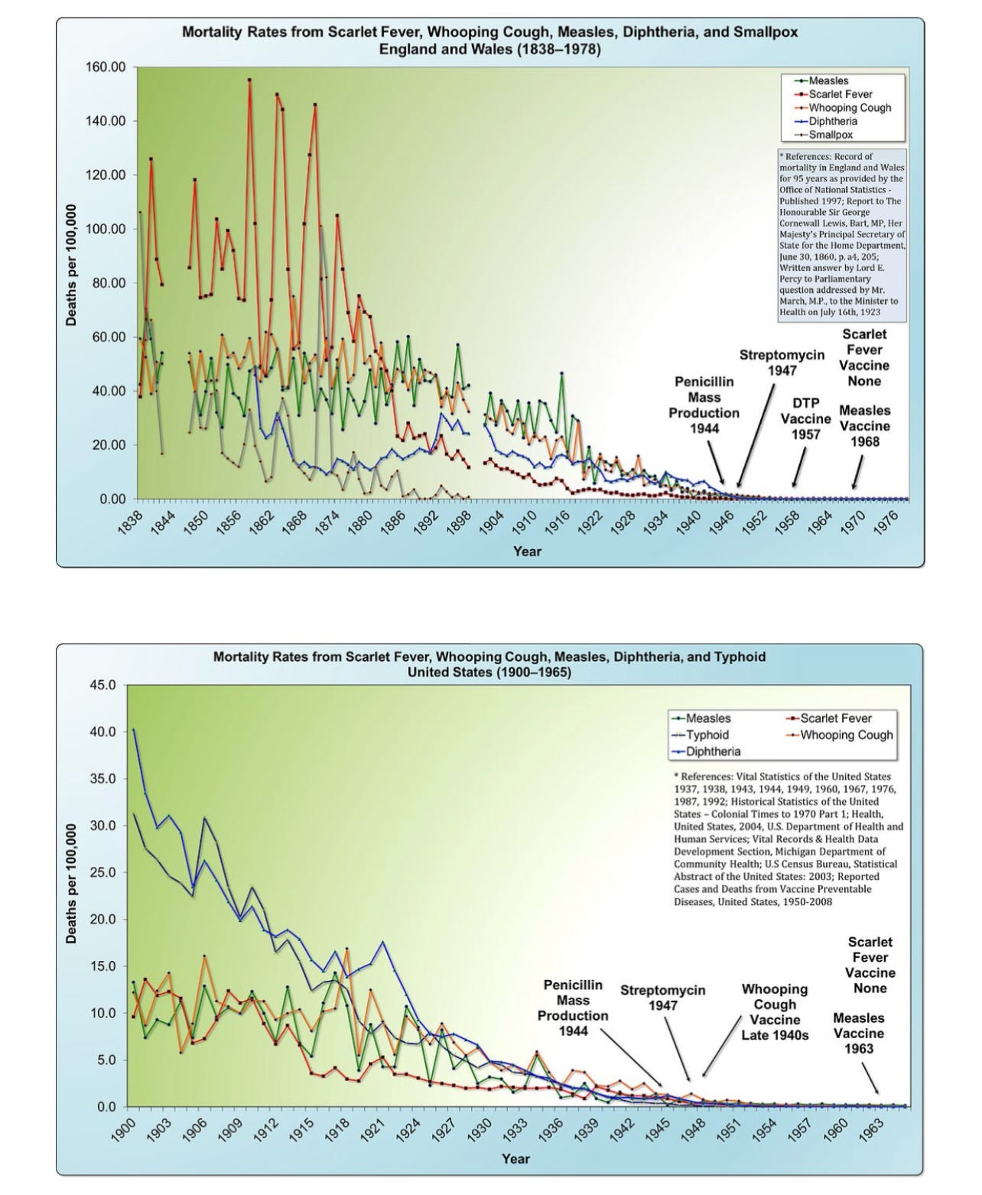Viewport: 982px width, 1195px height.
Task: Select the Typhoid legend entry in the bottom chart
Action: coord(707,734)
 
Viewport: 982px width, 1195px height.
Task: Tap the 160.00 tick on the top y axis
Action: coord(106,67)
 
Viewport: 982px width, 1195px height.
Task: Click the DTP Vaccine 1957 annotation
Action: coord(805,418)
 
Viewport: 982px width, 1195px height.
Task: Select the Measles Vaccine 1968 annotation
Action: coord(864,426)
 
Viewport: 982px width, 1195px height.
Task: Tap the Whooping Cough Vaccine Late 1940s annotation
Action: coord(775,1012)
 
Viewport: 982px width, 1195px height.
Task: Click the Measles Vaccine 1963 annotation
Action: coord(858,1033)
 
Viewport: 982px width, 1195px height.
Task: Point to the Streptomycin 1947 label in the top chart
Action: coord(782,363)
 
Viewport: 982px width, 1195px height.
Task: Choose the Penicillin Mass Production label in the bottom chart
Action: coord(573,1008)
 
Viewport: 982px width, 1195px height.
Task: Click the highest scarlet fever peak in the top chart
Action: coord(249,80)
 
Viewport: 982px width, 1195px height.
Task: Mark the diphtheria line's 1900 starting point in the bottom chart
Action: coord(134,729)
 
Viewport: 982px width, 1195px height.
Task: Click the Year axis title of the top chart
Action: coord(527,551)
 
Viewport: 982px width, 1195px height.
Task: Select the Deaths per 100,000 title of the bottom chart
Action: coord(71,884)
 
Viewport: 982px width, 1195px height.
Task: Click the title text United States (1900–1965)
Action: coord(489,672)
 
